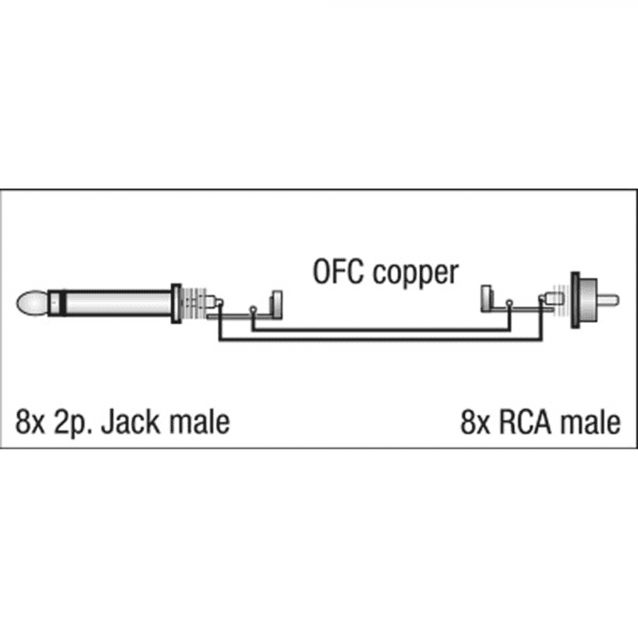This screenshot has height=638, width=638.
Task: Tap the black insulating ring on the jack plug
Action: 61,304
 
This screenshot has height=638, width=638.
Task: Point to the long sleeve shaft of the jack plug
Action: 118,304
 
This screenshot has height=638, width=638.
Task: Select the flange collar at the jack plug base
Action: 176,304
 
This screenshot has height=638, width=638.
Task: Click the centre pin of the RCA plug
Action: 608,301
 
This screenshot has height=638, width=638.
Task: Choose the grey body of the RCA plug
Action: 587,301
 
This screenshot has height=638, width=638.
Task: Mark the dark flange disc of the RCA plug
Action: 574,300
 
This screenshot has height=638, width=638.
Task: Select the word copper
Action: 416,274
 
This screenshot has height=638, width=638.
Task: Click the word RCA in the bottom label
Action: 524,422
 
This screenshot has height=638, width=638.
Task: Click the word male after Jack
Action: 200,422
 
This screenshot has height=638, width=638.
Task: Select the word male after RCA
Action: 591,422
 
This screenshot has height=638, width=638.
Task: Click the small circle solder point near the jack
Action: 253,309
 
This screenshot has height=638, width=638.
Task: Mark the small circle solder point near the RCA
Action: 509,303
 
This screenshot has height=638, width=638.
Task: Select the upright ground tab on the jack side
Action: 277,304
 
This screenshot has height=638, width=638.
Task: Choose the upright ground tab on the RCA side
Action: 486,299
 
